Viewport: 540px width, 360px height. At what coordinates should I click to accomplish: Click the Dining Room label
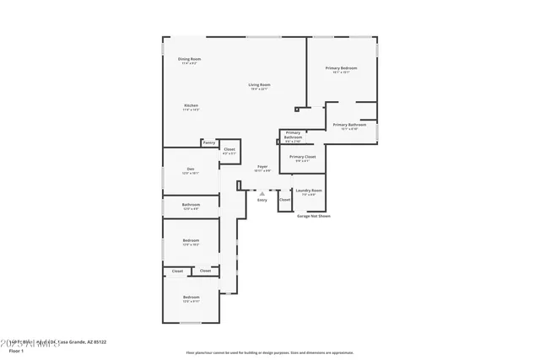[x=189, y=59]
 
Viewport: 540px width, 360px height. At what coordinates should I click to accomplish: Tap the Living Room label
[x=259, y=84]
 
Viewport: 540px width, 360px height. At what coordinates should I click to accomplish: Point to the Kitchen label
[x=191, y=105]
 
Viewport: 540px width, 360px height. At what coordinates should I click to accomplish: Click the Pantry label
[x=208, y=142]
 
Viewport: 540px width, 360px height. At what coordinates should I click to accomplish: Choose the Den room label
[x=191, y=169]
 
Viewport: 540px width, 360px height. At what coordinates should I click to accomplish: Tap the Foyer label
[x=262, y=167]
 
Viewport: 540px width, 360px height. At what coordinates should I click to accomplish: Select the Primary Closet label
[x=302, y=157]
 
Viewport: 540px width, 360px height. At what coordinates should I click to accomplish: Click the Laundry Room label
[x=309, y=191]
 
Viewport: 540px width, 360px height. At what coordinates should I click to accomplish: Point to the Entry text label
[x=262, y=199]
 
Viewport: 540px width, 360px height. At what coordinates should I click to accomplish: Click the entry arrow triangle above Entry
[x=262, y=193]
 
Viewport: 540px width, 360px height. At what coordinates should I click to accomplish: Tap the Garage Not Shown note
[x=313, y=216]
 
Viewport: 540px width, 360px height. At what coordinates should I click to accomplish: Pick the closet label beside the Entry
[x=285, y=200]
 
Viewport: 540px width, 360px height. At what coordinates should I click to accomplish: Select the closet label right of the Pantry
[x=229, y=150]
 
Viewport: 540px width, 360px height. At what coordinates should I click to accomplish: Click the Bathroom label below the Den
[x=191, y=204]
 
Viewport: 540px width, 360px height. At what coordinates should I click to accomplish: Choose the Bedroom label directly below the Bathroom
[x=191, y=240]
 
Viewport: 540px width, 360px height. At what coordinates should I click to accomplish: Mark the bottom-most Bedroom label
[x=192, y=297]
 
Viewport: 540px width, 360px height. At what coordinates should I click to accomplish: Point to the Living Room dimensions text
[x=259, y=89]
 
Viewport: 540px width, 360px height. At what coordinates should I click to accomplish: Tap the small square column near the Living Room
[x=296, y=108]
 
